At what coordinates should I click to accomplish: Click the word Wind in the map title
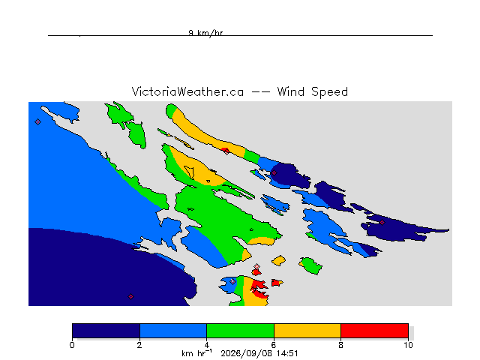coord(291,91)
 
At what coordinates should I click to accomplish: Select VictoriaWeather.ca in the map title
coord(187,91)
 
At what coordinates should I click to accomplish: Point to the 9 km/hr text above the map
coord(205,33)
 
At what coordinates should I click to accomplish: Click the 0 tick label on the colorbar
coord(72,345)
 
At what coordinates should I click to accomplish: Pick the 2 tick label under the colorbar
coord(139,345)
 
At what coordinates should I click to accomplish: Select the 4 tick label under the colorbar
coord(207,345)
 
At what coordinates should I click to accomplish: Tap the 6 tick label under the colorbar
coord(274,345)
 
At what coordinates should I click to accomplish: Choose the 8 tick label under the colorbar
coord(340,345)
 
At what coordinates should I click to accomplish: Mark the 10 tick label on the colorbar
coord(408,345)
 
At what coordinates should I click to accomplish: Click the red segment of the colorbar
coord(375,331)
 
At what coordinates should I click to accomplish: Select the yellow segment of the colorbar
coord(307,331)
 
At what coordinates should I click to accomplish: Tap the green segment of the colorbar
coord(240,331)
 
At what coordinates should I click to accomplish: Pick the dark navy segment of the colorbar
coord(106,331)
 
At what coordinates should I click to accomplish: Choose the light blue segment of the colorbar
coord(173,331)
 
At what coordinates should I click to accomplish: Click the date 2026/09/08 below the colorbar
coord(247,353)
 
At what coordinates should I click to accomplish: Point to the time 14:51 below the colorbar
coord(286,353)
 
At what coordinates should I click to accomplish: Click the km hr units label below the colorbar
coord(196,353)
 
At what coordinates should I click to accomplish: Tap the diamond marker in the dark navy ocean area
coord(130,297)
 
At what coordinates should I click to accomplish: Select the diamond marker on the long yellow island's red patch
coord(226,151)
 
